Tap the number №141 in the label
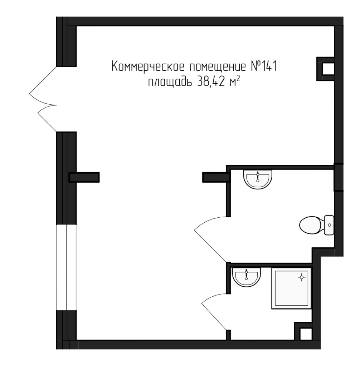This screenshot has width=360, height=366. pos(262,67)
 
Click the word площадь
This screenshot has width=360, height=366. pos(170,83)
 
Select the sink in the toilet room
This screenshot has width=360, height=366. pos(258,178)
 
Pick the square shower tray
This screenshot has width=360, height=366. pos(291,288)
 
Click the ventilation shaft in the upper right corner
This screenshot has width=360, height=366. pos(326,68)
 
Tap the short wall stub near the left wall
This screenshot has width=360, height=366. pos(84,177)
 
